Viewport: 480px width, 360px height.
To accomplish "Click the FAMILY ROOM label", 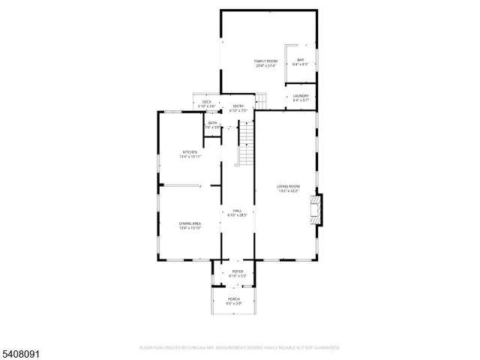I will tap(265, 60).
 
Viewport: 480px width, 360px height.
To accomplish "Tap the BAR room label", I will tap(301, 60).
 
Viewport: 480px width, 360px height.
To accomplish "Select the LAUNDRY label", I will tap(301, 95).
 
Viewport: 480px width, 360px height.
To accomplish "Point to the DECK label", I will tap(206, 102).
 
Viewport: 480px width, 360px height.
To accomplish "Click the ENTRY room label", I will tap(238, 106).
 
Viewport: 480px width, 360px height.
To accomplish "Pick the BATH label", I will tap(213, 123).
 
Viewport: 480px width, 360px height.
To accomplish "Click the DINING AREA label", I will tap(189, 223).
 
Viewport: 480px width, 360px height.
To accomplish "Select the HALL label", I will tap(237, 211).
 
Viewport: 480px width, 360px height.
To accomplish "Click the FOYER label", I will tap(237, 271).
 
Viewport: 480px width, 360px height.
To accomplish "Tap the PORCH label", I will tap(235, 298).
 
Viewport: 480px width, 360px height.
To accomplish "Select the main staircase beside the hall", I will tap(247, 145).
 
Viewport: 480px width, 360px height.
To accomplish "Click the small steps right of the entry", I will tap(261, 100).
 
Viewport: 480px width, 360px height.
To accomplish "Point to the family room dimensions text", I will tap(265, 65).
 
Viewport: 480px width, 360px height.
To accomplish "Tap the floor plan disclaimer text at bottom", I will tap(240, 348).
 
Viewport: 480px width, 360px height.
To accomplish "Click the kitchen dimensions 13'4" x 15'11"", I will tap(189, 157).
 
